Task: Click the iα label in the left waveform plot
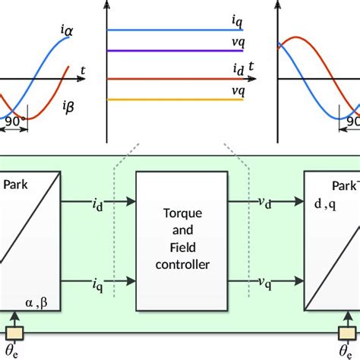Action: point(65,30)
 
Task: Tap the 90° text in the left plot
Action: point(15,120)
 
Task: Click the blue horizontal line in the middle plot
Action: point(175,30)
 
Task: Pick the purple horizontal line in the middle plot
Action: point(175,51)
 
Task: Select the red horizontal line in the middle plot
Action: point(175,78)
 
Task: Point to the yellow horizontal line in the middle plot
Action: point(175,99)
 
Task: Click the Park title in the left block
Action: point(16,184)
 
